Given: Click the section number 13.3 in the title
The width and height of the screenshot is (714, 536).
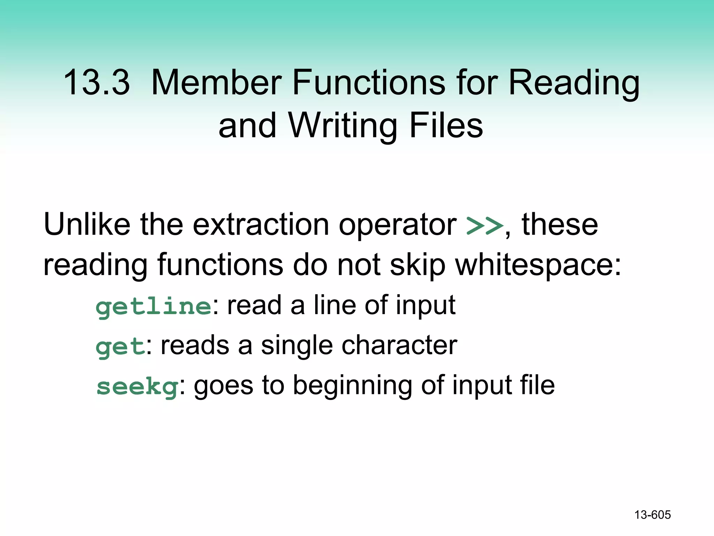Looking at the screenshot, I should coord(97,83).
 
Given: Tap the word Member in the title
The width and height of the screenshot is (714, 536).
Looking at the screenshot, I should coord(217,83).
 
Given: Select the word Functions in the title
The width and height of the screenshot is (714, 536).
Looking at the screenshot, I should coord(369,83).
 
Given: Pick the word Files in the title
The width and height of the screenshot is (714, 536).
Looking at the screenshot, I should coord(446,126).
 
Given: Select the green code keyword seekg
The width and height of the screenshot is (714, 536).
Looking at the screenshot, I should coord(137,387).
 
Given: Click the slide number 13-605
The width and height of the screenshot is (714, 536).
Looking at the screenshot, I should coord(652,515).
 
